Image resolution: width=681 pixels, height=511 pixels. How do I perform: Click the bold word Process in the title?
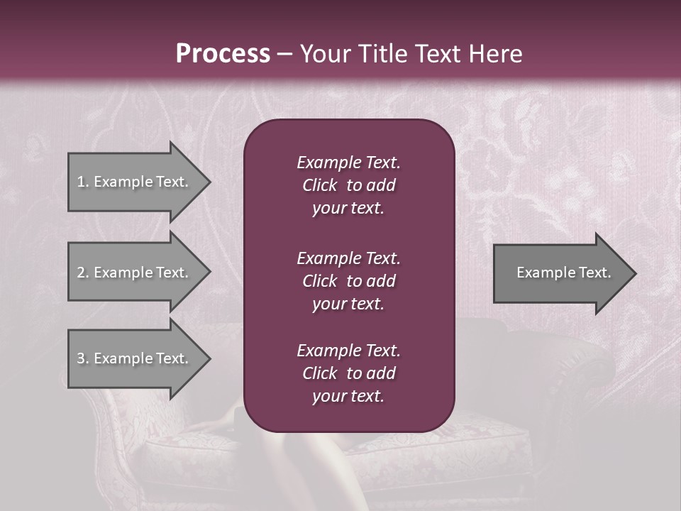coord(223,54)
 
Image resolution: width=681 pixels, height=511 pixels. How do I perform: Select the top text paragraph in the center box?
coord(348,185)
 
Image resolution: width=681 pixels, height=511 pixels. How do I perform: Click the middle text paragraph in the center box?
coord(348,281)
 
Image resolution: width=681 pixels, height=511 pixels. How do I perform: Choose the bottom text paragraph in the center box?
coord(348,373)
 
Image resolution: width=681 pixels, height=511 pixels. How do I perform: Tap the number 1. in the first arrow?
coord(82,182)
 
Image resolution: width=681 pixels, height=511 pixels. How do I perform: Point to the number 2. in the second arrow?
coord(82,273)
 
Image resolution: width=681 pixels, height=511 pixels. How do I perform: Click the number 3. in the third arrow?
coord(82,358)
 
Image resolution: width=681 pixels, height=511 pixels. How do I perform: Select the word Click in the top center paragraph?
coord(319,185)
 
